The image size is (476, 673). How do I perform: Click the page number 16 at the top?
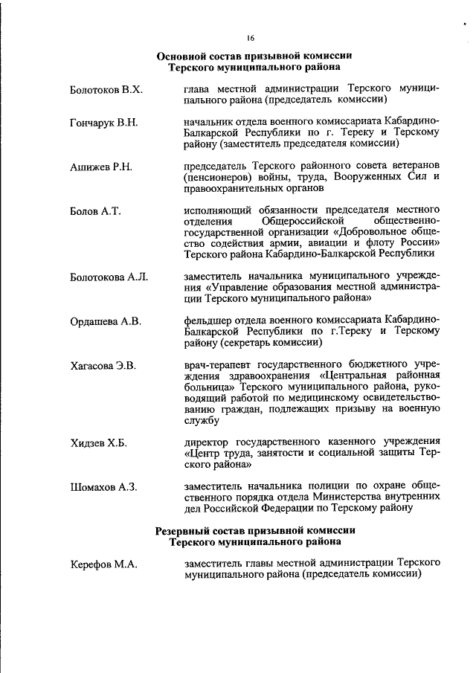251,39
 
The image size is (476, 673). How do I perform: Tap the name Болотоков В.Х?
106,89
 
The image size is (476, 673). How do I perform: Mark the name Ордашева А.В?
106,322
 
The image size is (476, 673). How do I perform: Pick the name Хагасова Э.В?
103,367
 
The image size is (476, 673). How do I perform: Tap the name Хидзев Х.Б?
98,444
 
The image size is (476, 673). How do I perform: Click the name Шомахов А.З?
103,488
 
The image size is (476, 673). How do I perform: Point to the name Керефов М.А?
103,565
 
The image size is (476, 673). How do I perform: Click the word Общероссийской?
303,222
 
